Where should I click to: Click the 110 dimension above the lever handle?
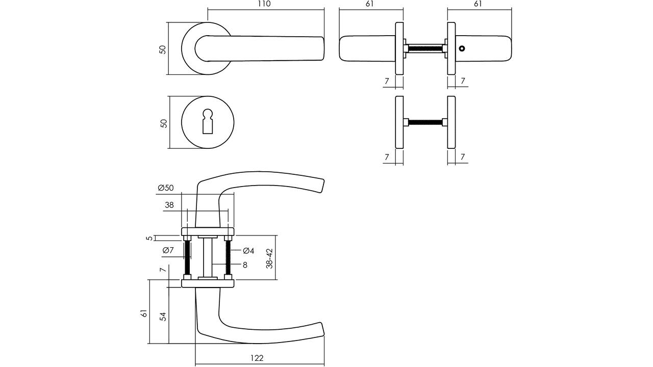pyautogui.click(x=264, y=4)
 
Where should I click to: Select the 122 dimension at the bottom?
pyautogui.click(x=257, y=358)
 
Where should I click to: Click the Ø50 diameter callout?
pyautogui.click(x=166, y=188)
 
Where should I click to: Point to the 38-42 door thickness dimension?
pyautogui.click(x=269, y=258)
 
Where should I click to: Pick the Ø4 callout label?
pyautogui.click(x=248, y=250)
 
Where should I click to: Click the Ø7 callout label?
pyautogui.click(x=168, y=250)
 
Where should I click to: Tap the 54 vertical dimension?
pyautogui.click(x=163, y=317)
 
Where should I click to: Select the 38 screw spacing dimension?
pyautogui.click(x=169, y=205)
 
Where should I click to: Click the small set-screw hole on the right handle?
pyautogui.click(x=462, y=48)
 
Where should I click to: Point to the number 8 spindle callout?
pyautogui.click(x=245, y=265)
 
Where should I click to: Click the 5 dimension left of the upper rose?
pyautogui.click(x=149, y=238)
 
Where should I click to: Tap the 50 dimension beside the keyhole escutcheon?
pyautogui.click(x=164, y=123)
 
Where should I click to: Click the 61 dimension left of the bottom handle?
pyautogui.click(x=144, y=313)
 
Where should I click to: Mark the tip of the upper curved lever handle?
pyautogui.click(x=324, y=180)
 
